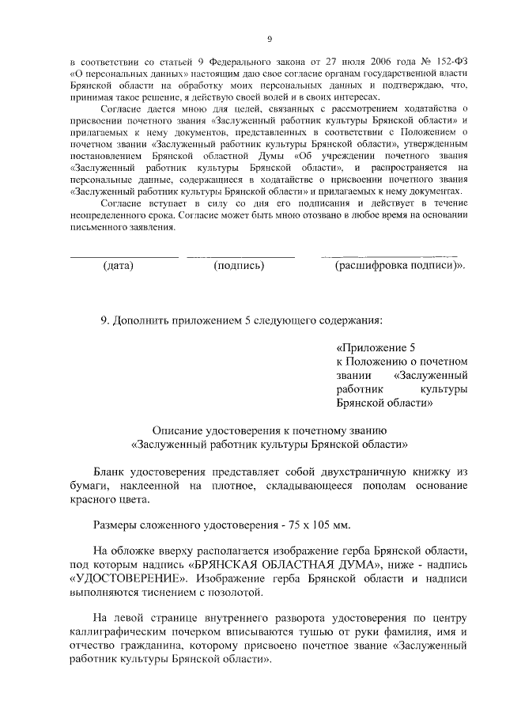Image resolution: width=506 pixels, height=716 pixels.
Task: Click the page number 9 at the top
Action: [x=269, y=39]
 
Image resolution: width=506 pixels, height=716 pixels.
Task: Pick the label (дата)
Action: [x=119, y=266]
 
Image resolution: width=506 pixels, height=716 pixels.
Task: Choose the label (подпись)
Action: [x=239, y=266]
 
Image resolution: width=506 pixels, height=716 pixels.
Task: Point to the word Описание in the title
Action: [x=177, y=430]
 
